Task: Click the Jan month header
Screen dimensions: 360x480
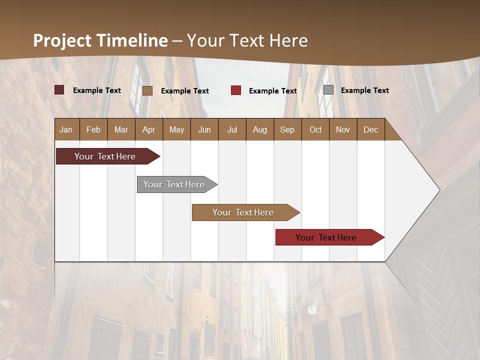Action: point(66,129)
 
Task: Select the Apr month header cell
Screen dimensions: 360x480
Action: point(148,129)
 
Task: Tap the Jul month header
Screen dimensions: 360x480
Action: point(232,129)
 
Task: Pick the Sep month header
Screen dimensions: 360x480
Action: point(287,129)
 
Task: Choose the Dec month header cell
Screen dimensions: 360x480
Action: point(370,129)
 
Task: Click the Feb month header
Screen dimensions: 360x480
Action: point(93,129)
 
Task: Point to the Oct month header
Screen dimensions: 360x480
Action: point(315,129)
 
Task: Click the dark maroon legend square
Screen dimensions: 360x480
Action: point(59,90)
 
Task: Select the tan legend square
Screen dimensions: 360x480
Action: point(147,90)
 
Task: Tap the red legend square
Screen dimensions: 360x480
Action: point(236,90)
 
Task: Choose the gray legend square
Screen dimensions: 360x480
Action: point(328,90)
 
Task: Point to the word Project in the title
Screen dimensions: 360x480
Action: point(61,40)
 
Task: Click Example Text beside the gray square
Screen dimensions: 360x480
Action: point(364,90)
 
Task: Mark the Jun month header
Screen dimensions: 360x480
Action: point(204,129)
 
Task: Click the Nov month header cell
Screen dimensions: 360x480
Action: point(342,129)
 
